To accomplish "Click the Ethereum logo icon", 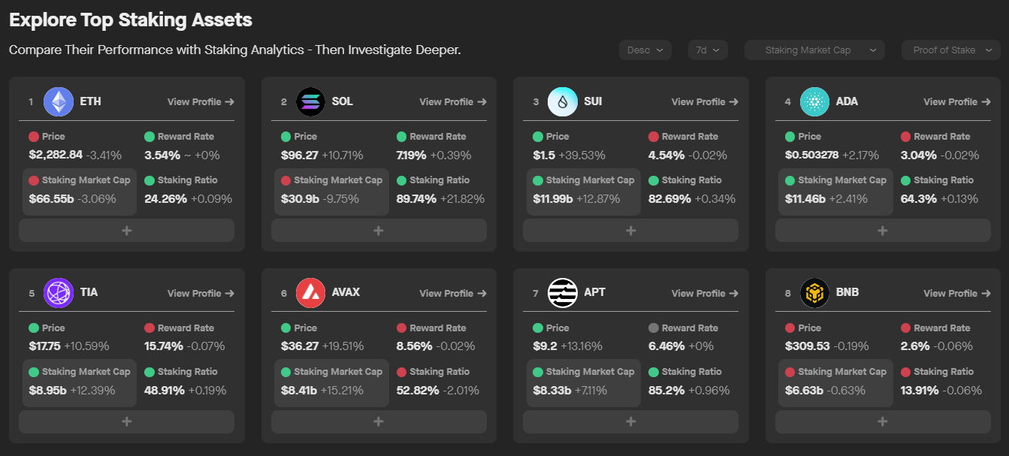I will tap(59, 102).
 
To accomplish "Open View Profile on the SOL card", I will tap(452, 102).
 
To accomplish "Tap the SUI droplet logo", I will tap(563, 102).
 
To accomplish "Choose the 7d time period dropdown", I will tap(707, 50).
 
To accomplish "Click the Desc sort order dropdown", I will tap(645, 50).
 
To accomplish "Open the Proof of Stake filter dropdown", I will tap(950, 50).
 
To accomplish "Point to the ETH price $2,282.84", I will tap(56, 156).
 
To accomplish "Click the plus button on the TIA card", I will tap(126, 421).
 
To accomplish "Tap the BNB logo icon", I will tap(814, 293).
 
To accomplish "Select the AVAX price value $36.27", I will tap(300, 346).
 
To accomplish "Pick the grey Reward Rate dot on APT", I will tap(653, 328).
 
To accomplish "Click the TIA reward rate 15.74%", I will tap(162, 346).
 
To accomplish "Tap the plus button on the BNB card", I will tap(883, 421).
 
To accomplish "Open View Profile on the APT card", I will tap(705, 294).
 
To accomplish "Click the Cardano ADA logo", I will tap(814, 102).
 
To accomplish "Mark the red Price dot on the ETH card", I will tap(34, 137).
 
